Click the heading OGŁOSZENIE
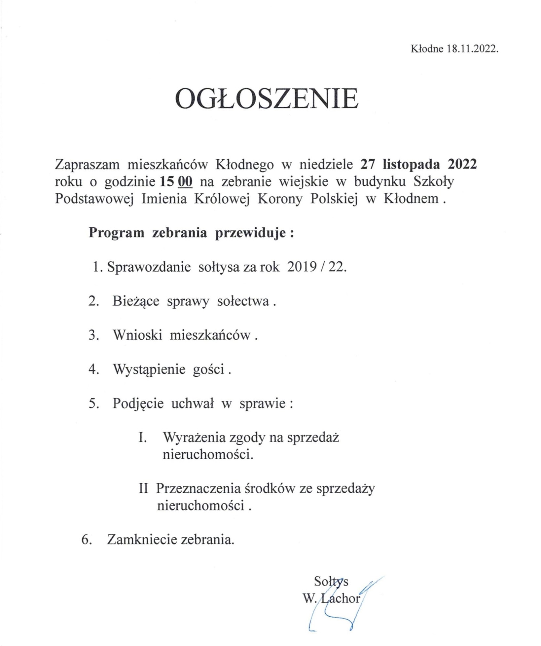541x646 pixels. (267, 98)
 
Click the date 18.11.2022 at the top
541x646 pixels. (472, 49)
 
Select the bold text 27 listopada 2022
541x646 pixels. (418, 164)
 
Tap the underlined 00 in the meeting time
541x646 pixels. (185, 181)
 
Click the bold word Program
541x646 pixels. (116, 233)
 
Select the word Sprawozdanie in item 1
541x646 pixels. (149, 267)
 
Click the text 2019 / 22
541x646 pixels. (317, 267)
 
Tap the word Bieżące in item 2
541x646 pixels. (136, 301)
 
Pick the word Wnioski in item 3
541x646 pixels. (137, 335)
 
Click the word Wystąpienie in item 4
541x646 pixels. (149, 369)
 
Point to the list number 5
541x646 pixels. (93, 403)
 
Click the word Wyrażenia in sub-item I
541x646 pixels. (190, 437)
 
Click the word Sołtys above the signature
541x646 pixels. (331, 581)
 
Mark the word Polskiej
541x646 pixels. (334, 199)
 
